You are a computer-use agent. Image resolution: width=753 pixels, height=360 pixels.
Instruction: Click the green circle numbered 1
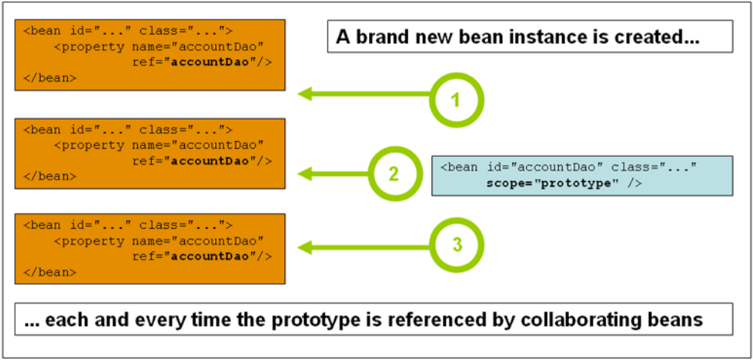pyautogui.click(x=456, y=100)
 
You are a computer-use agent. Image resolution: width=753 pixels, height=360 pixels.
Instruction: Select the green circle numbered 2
pyautogui.click(x=393, y=174)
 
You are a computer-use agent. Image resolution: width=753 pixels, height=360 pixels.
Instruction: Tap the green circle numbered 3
pyautogui.click(x=456, y=245)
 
